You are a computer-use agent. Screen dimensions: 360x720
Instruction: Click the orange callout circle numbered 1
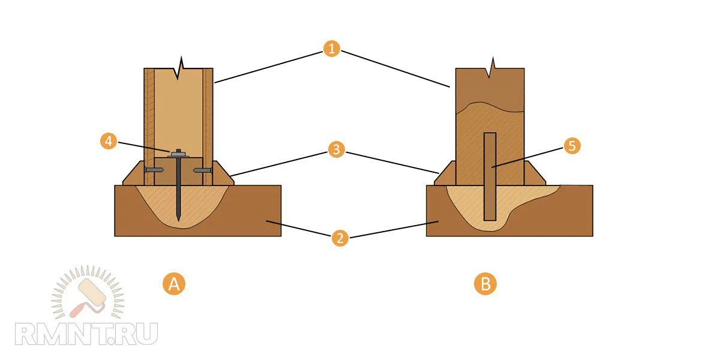click(331, 49)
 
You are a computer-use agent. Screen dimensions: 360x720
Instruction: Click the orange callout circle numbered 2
click(340, 238)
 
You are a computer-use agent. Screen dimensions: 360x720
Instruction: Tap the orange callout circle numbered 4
click(108, 142)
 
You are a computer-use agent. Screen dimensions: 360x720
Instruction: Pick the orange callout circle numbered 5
click(572, 146)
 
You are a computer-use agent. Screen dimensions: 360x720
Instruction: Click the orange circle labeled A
click(174, 283)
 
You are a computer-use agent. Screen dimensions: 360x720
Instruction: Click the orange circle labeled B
click(485, 283)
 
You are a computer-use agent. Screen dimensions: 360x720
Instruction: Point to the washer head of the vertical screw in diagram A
click(178, 154)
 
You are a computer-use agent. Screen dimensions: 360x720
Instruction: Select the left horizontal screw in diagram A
click(154, 170)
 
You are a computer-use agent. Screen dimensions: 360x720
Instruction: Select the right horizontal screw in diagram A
click(203, 170)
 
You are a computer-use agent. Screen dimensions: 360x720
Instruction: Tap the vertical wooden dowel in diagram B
click(490, 177)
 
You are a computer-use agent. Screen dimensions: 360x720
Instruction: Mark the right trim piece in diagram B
click(535, 174)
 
